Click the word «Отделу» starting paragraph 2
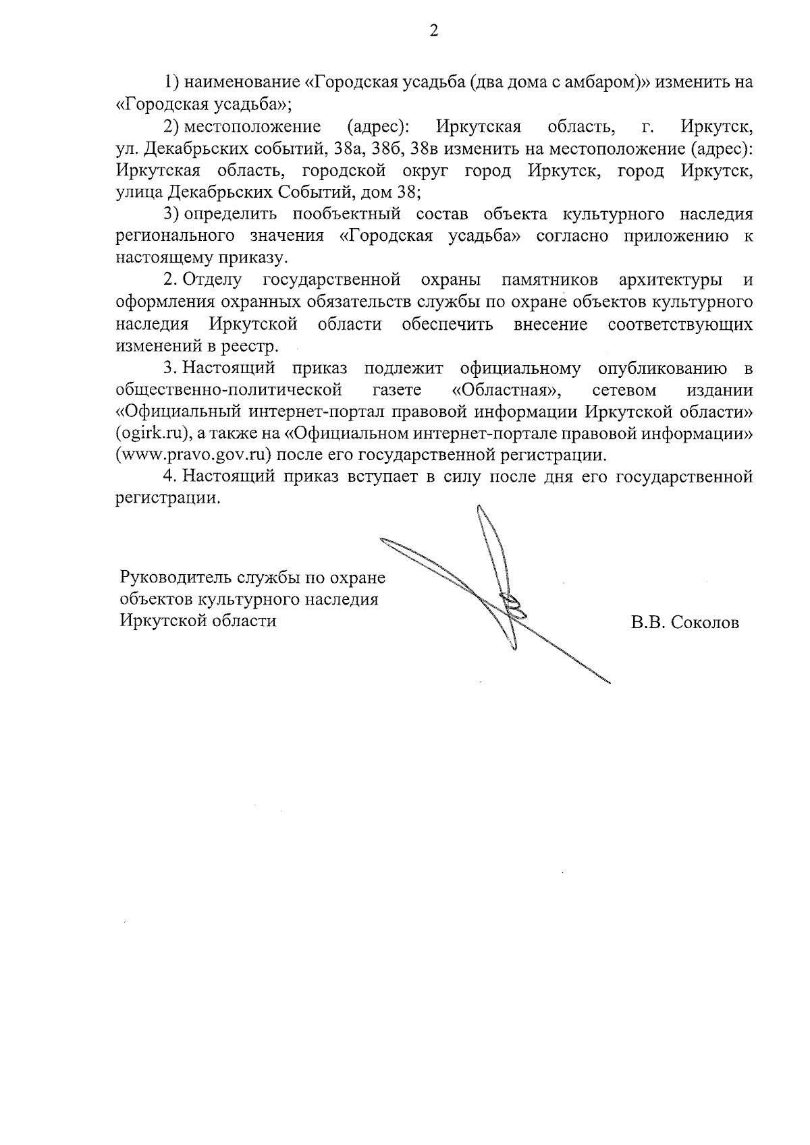click(x=214, y=280)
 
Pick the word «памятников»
click(x=550, y=280)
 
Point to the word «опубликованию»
click(x=663, y=368)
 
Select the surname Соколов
click(x=705, y=623)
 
